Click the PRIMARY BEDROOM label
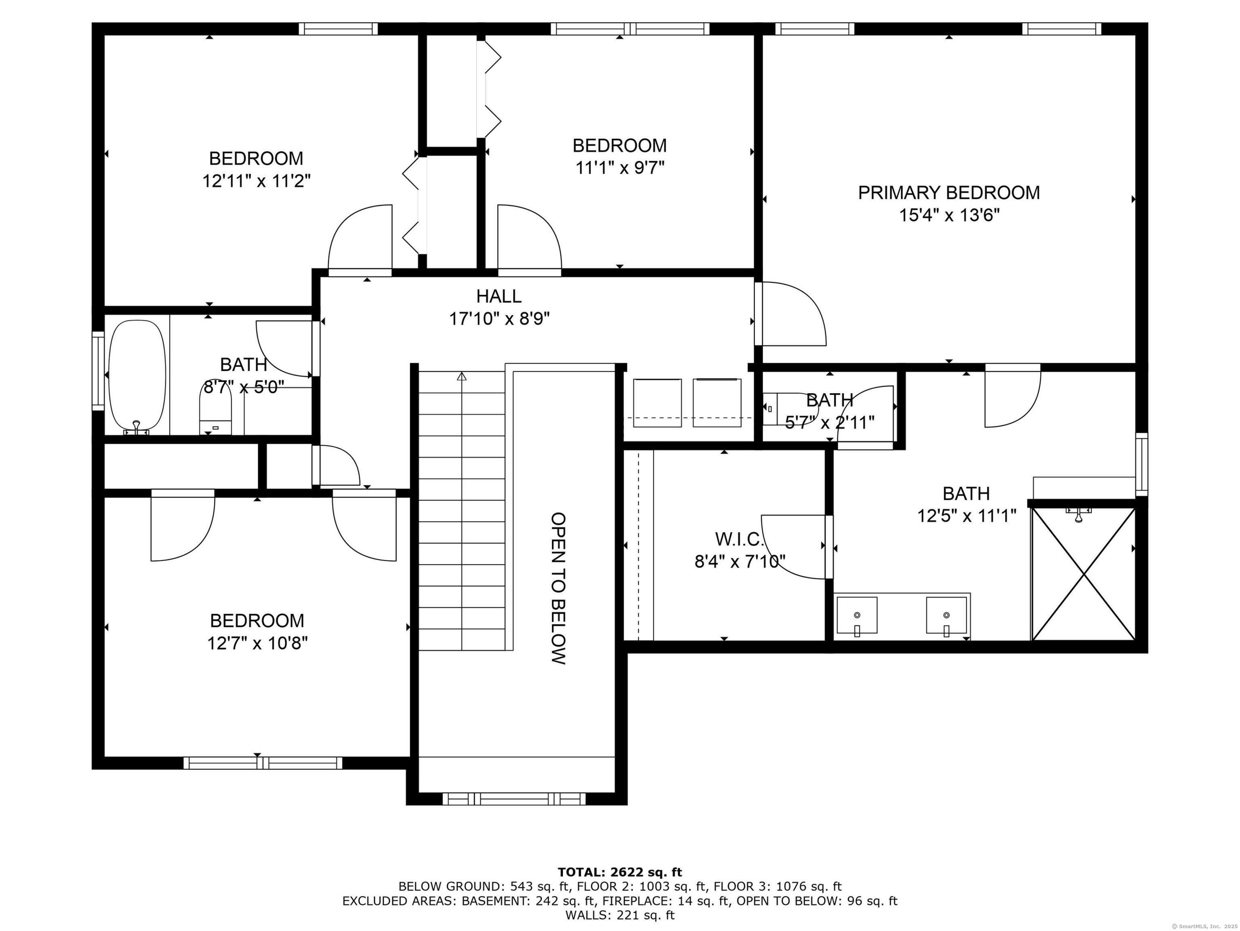[949, 193]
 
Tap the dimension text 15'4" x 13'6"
[949, 215]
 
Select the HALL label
[499, 296]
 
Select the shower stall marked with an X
[1084, 574]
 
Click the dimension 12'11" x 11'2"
[256, 181]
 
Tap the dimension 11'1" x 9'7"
[619, 168]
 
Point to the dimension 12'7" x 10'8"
[257, 643]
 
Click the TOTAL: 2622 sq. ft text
[620, 872]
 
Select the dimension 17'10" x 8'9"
[499, 319]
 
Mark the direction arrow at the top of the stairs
[462, 376]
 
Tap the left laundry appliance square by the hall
[657, 403]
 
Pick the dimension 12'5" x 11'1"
[966, 516]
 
